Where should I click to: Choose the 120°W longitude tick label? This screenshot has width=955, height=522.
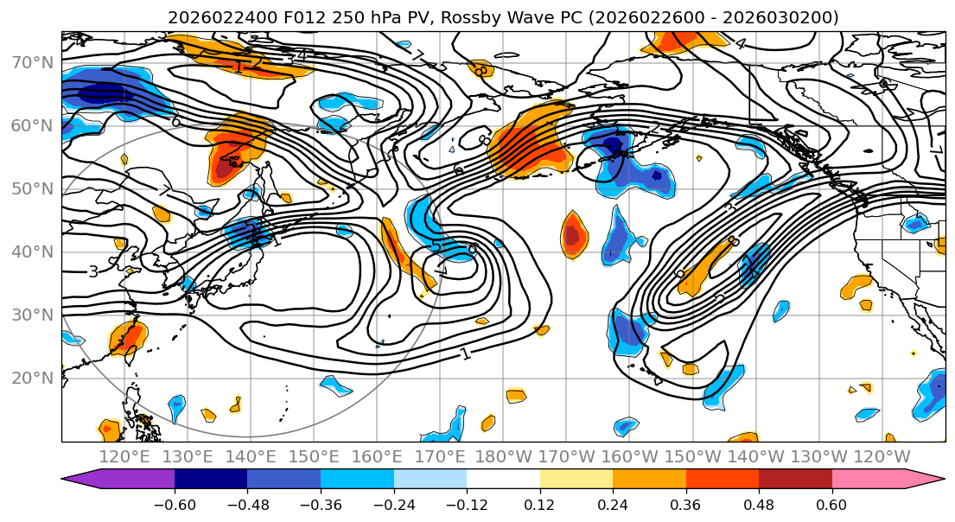pos(882,456)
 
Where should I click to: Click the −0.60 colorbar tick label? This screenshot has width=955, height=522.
pos(175,505)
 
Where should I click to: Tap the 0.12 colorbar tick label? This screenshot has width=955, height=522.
pos(539,505)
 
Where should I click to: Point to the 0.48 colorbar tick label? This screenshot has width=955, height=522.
pos(759,505)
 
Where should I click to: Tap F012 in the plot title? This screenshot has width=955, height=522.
pos(302,17)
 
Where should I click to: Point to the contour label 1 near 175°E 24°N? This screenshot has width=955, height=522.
pos(465,353)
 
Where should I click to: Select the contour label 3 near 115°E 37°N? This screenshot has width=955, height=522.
pos(93,271)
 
